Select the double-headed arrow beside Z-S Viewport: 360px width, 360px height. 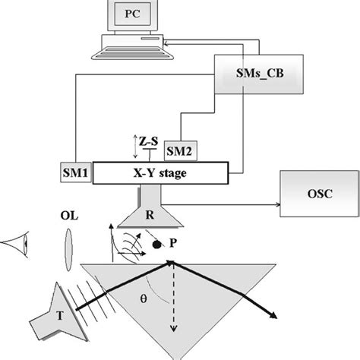134,143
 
